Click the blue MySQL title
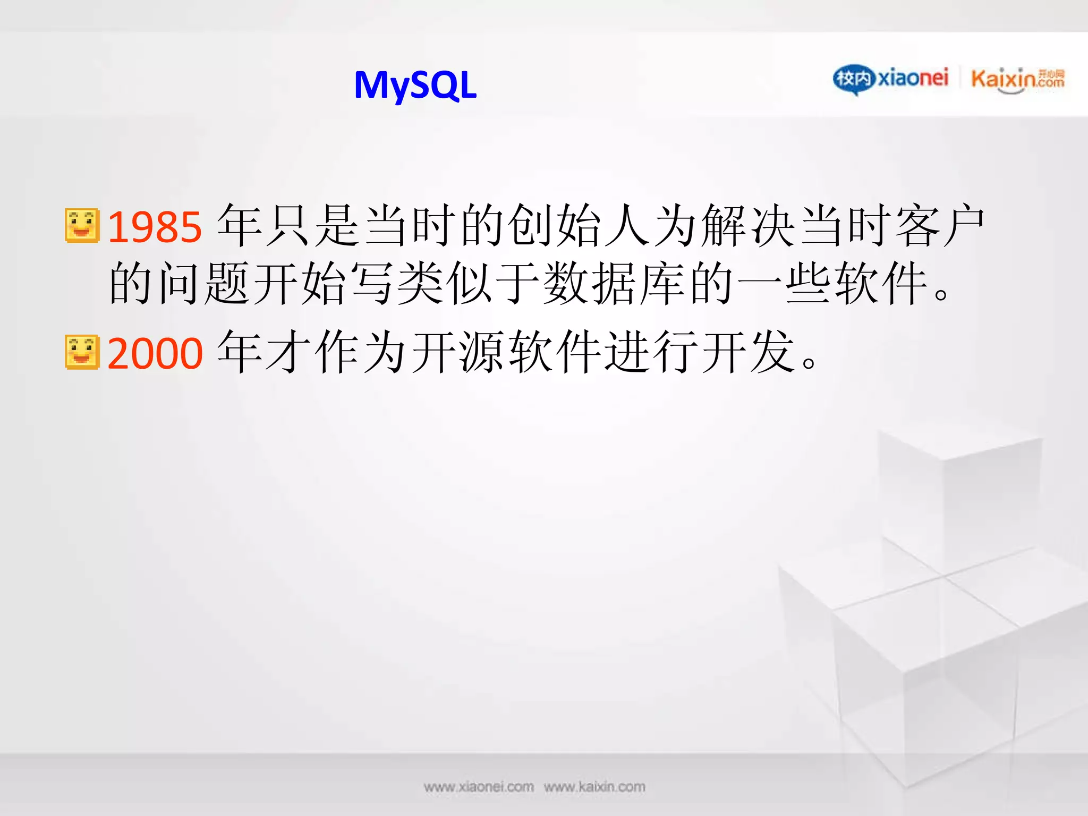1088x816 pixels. [x=415, y=86]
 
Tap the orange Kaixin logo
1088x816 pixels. [x=1017, y=79]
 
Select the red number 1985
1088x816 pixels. [x=155, y=227]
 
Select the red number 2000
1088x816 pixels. [x=155, y=353]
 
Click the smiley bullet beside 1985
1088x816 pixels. [x=82, y=226]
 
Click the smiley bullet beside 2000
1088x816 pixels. [x=82, y=352]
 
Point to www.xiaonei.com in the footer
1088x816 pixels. [x=479, y=787]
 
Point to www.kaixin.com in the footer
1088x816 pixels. [x=594, y=787]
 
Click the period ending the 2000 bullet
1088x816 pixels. [x=810, y=363]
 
